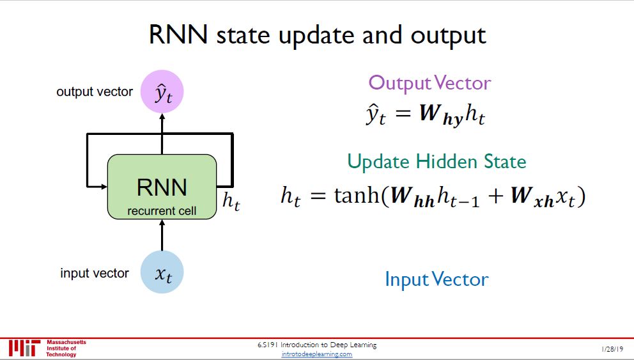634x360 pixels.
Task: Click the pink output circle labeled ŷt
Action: pos(162,91)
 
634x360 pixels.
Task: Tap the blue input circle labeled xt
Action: pos(162,272)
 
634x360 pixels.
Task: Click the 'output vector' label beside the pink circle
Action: pos(95,91)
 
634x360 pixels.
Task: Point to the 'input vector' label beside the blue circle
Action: pos(95,273)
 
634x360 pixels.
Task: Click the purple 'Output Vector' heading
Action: pos(429,82)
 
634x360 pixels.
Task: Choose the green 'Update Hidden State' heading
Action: pos(437,161)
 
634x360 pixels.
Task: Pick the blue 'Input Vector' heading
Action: pos(437,279)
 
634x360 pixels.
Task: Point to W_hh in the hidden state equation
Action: pos(412,197)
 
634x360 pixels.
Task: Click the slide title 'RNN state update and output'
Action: pos(318,35)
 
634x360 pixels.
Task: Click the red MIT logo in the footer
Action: pos(24,348)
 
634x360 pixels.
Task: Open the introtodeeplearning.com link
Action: pos(317,354)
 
